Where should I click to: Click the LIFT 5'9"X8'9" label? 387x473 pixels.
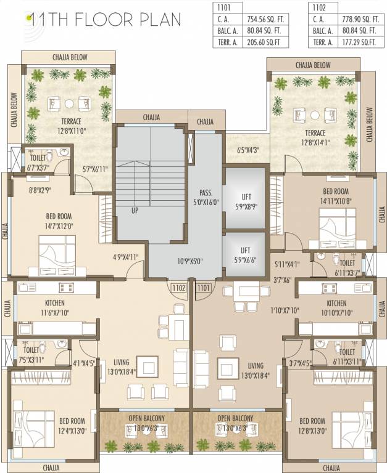(245, 201)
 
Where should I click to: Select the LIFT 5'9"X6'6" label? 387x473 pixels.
(245, 255)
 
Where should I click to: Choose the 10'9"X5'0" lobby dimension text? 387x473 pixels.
(190, 261)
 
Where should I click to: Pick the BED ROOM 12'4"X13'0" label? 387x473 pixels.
(73, 426)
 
